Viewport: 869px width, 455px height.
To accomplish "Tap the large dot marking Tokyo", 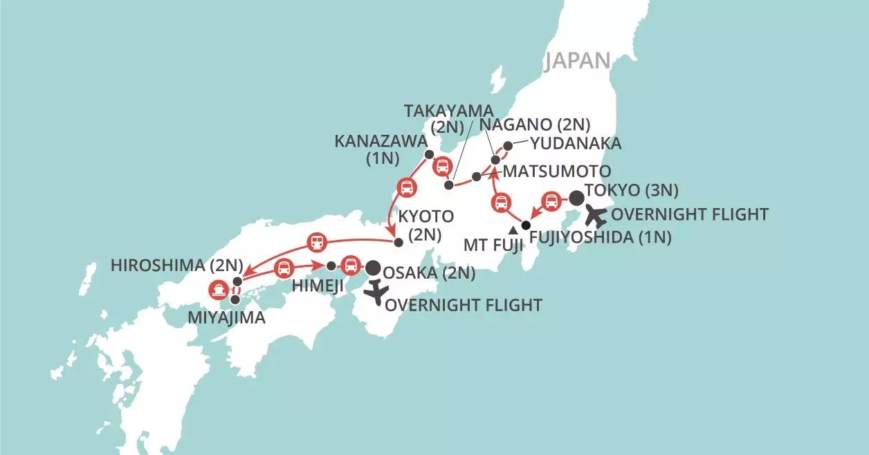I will pyautogui.click(x=576, y=197).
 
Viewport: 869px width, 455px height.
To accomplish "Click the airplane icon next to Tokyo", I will pyautogui.click(x=596, y=216).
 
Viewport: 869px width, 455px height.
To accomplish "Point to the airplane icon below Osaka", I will pyautogui.click(x=376, y=292).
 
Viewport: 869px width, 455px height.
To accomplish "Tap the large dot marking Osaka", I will pyautogui.click(x=373, y=268).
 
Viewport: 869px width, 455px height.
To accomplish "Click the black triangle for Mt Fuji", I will pyautogui.click(x=512, y=230).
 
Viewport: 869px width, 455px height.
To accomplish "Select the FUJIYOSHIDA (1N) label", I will pyautogui.click(x=600, y=239).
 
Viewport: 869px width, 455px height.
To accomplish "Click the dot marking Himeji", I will pyautogui.click(x=331, y=266).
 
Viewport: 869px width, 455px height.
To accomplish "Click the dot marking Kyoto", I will pyautogui.click(x=398, y=242).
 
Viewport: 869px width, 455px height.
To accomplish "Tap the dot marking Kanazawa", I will pyautogui.click(x=429, y=154).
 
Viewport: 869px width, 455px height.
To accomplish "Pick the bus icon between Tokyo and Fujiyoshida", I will pyautogui.click(x=551, y=201).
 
